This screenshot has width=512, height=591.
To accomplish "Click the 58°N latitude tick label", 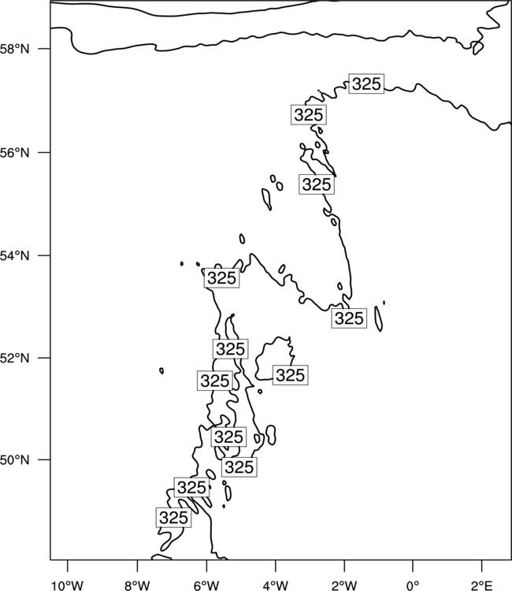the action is [14, 49].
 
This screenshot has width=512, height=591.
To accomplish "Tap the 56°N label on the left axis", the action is [14, 153].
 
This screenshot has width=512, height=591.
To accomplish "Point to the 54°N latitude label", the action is [14, 256].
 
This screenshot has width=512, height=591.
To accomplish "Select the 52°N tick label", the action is [14, 358].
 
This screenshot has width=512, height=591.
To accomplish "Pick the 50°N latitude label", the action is [14, 460].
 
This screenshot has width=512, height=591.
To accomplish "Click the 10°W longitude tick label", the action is [68, 585].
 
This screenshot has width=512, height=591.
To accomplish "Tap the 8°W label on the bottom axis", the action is [137, 585].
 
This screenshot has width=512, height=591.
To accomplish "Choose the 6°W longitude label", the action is [206, 585].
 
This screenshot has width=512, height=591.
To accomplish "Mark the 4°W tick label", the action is [275, 585].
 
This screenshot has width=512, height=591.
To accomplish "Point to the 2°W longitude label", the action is [344, 585].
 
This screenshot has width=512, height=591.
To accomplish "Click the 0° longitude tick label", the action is [413, 585].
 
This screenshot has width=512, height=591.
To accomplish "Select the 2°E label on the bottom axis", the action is [482, 585].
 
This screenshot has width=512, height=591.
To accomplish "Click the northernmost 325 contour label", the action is [366, 84].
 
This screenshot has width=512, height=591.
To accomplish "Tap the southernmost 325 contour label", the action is [173, 518].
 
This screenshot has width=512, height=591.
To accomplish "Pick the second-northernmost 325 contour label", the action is [309, 114].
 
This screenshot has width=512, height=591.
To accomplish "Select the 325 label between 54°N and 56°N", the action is [317, 184].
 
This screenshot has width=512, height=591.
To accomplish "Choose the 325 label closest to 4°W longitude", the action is [290, 375].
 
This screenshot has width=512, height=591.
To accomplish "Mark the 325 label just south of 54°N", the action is [221, 278].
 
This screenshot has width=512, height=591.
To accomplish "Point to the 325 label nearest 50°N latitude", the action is [239, 467].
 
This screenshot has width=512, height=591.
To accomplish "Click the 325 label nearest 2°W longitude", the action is [349, 318].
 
